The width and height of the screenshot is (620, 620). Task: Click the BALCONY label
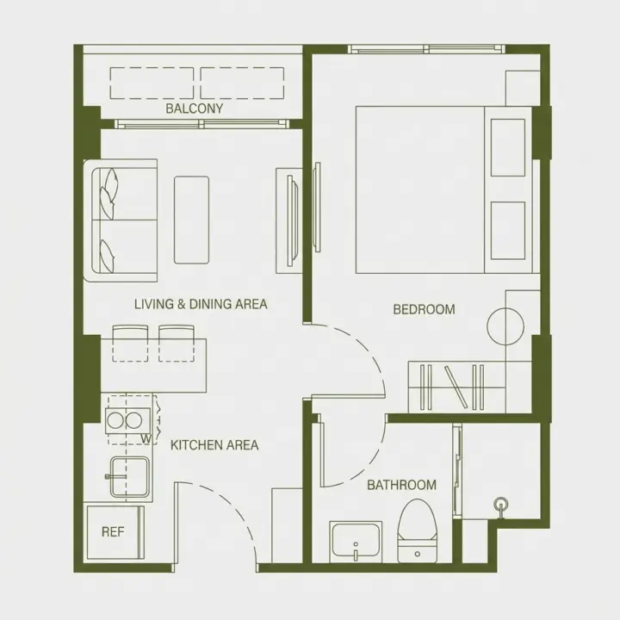(194, 108)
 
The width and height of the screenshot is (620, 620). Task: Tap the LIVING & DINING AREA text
(201, 304)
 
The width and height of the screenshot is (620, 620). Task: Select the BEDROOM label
(424, 309)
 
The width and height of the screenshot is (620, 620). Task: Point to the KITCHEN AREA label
(214, 445)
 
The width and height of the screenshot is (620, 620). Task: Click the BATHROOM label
(402, 485)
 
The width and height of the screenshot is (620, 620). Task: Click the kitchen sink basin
(130, 476)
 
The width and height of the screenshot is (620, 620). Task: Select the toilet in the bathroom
(417, 530)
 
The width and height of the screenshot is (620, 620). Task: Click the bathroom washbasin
(356, 541)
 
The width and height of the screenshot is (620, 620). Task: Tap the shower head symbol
(501, 504)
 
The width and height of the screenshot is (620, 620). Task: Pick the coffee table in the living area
(192, 220)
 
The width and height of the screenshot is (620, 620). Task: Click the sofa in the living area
(121, 220)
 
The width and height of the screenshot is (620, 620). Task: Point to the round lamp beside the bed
(505, 326)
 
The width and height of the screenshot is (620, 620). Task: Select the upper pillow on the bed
(508, 147)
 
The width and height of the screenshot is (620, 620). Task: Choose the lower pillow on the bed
(508, 231)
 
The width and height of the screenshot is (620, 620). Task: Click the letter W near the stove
(146, 438)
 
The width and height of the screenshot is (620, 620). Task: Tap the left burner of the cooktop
(115, 421)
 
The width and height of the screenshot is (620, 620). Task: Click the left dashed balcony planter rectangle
(152, 83)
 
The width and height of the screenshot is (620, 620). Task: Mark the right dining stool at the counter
(177, 344)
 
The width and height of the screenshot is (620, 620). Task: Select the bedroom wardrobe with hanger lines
(456, 387)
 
